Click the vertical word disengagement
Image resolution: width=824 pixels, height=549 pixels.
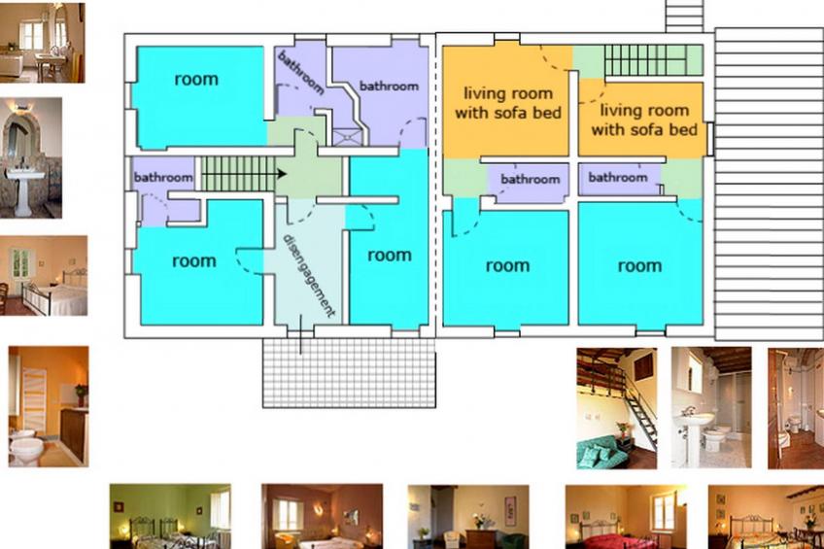coord(309,275)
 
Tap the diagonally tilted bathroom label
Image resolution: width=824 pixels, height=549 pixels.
coord(300,72)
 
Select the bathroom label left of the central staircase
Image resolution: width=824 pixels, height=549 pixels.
coord(163,177)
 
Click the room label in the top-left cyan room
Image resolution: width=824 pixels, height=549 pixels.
coord(196,79)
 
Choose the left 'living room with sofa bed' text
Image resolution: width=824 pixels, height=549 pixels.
coord(507,103)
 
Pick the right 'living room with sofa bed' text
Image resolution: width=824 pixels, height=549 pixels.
coord(644,120)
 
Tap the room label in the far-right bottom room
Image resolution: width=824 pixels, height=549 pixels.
coord(639,266)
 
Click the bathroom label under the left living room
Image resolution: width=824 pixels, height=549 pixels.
coord(530,179)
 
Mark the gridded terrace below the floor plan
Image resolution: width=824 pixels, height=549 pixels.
coord(349,372)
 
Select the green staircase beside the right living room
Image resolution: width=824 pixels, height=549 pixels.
coord(646,60)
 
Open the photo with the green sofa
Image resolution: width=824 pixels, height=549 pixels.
coord(616,408)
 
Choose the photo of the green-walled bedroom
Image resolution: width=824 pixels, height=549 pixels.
coord(170,516)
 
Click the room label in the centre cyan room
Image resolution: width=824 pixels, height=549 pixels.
coord(390,256)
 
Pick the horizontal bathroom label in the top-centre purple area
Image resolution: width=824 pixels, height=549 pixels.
coord(389,86)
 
